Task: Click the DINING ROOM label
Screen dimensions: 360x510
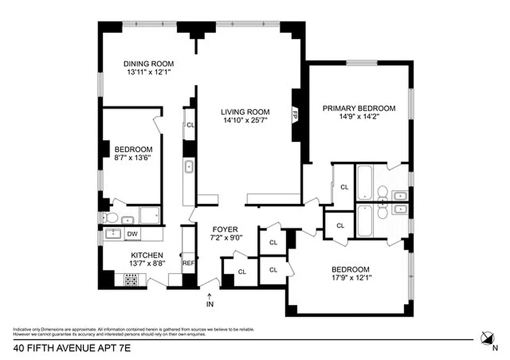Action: click(149, 64)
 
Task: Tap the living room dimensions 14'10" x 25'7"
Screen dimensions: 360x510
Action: click(245, 120)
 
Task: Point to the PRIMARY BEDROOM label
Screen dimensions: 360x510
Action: click(359, 108)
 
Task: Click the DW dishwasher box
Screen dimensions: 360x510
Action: click(131, 234)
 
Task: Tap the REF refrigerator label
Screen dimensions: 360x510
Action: click(188, 264)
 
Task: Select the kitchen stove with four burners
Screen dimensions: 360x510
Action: click(131, 281)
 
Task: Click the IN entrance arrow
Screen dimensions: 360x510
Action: click(209, 300)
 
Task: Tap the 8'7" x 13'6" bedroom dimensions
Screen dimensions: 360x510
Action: click(133, 157)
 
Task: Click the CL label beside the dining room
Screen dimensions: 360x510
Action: click(190, 125)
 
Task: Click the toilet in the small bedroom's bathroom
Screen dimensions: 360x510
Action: click(110, 218)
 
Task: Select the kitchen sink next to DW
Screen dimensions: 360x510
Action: click(113, 234)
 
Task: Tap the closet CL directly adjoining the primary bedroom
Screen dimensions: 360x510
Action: click(344, 187)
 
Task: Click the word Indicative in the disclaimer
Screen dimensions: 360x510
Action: click(21, 329)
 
